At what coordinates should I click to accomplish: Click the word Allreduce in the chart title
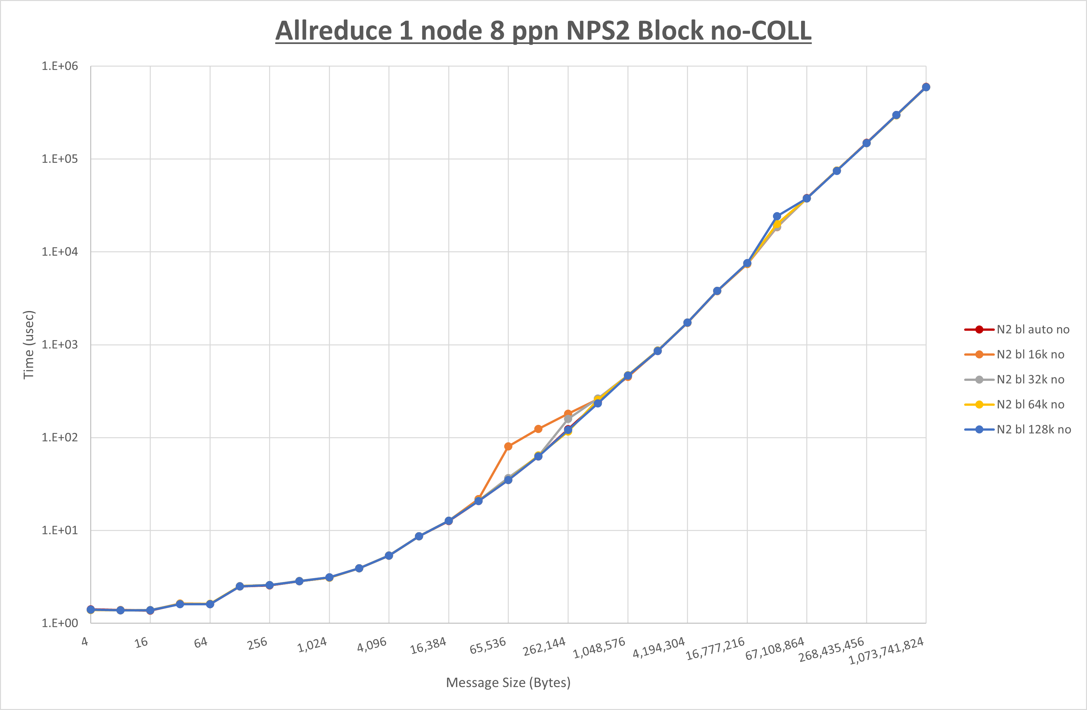click(333, 31)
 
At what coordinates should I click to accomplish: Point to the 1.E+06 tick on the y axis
click(60, 66)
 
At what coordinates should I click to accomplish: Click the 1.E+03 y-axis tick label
click(60, 345)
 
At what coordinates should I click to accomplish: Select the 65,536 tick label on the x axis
click(488, 645)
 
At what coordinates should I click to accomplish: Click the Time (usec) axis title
click(29, 345)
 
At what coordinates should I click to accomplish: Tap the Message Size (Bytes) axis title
click(508, 683)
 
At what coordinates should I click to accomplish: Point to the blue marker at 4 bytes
click(91, 609)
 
